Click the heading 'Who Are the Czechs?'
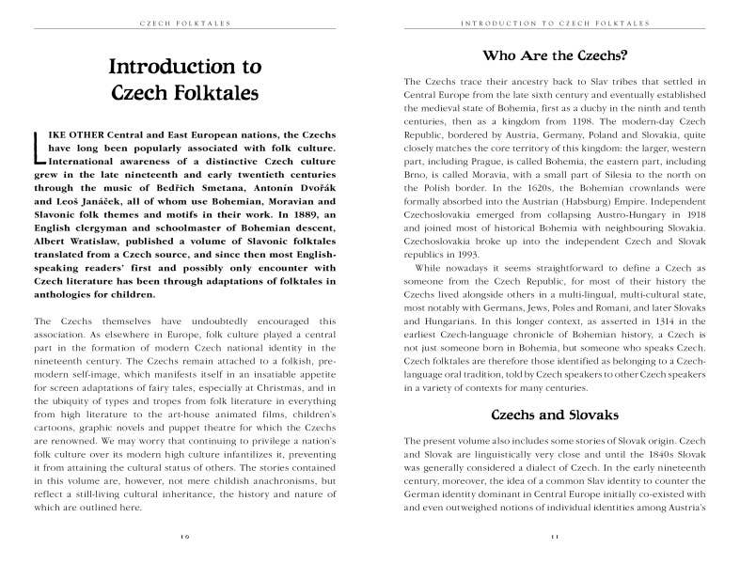[554, 55]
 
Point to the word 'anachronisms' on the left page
[260, 480]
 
